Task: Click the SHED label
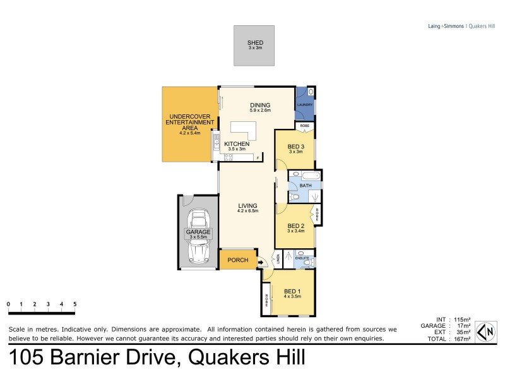[x=255, y=43]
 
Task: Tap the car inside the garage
[x=198, y=238]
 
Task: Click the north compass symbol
[x=487, y=332]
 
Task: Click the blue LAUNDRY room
[x=306, y=104]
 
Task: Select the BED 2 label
[x=295, y=226]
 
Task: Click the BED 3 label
[x=297, y=148]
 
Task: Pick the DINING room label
[x=259, y=105]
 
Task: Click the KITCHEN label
[x=238, y=144]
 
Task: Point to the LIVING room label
[x=247, y=205]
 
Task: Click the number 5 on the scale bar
[x=75, y=304]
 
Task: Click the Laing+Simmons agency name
[x=441, y=26]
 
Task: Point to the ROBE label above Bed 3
[x=304, y=126]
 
